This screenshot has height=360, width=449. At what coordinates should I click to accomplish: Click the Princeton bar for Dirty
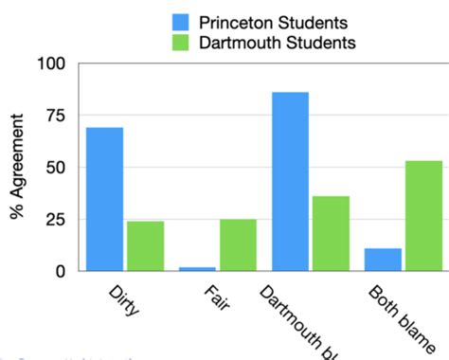[104, 199]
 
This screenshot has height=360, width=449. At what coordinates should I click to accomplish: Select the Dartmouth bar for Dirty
[145, 245]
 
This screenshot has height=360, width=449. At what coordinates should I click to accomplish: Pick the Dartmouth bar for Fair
[238, 244]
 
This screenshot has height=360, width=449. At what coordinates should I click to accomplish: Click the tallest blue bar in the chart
[290, 181]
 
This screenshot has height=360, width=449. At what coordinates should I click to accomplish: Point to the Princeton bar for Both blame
[383, 260]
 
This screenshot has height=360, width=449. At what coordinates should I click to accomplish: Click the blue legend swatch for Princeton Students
[182, 22]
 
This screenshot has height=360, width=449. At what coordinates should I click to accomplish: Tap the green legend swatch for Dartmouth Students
[182, 43]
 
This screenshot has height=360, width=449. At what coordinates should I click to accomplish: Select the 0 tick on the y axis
[60, 271]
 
